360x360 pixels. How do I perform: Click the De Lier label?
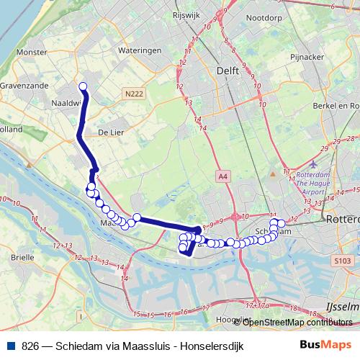(x=111, y=132)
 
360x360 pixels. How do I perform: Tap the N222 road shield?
(x=133, y=94)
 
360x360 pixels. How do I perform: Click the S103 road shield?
(x=343, y=260)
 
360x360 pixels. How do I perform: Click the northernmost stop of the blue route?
(x=82, y=87)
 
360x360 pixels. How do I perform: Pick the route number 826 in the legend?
(x=31, y=346)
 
